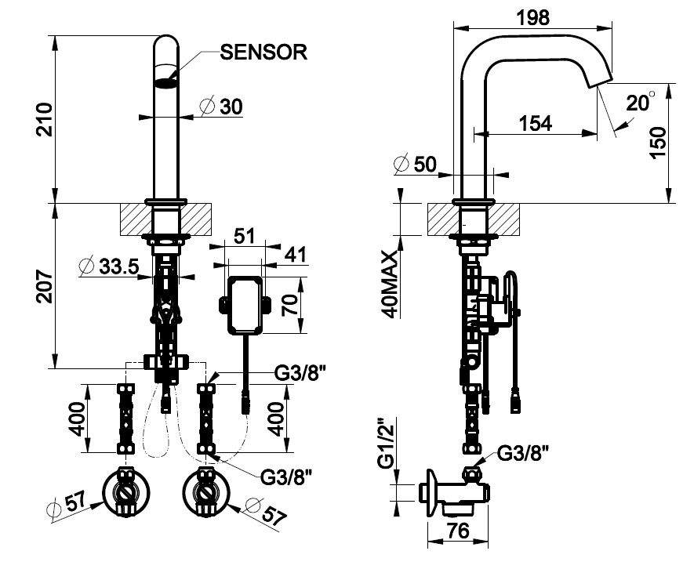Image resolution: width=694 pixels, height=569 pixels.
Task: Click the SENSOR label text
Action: tap(263, 53)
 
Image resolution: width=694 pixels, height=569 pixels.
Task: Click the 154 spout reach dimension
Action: tap(536, 122)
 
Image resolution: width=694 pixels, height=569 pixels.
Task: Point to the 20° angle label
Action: tap(640, 102)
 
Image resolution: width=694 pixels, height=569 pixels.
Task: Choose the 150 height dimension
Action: tap(659, 144)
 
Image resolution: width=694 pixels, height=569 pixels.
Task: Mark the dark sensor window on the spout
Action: tap(165, 83)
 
